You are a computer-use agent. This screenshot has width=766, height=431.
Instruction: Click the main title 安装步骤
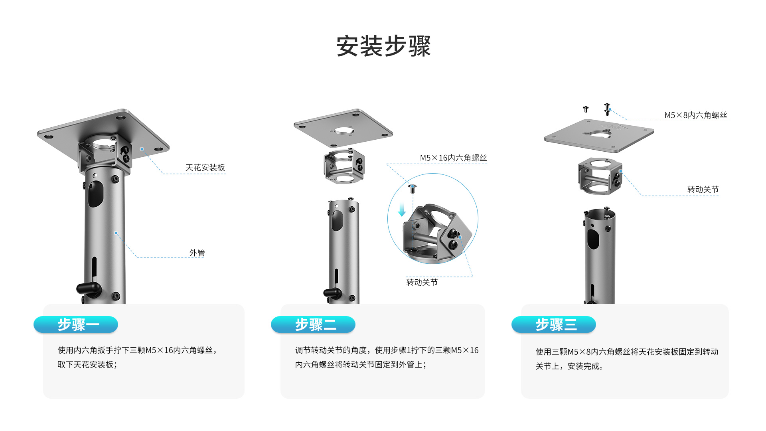pos(383,46)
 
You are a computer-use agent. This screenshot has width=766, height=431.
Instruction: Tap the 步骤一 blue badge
pos(76,324)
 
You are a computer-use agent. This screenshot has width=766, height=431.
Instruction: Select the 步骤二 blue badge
pos(313,324)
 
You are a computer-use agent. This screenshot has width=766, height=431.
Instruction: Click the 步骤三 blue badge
pos(554,324)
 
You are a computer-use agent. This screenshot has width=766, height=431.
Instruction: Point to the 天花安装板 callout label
pos(205,168)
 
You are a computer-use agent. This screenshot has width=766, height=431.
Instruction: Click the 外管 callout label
pos(197,253)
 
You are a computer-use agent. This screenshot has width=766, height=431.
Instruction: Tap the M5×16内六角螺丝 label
pos(453,158)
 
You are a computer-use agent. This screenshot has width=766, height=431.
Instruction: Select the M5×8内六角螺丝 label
pos(695,115)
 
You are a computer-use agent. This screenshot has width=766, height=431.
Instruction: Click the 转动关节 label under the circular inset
pos(422,283)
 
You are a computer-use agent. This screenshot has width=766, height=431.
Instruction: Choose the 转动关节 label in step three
pos(703,190)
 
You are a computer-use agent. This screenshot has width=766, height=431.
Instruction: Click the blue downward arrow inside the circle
pos(402,210)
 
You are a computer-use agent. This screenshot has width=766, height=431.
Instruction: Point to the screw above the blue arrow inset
pos(413,188)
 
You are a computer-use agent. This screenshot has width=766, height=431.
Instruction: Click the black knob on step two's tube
pos(332,293)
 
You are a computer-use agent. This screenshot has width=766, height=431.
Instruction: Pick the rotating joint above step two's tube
pos(344,166)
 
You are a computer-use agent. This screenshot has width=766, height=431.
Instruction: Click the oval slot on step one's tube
pos(95,194)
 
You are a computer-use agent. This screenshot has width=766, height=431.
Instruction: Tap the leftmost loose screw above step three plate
pos(586,109)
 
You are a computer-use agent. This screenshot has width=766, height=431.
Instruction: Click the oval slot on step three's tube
pos(593,238)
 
